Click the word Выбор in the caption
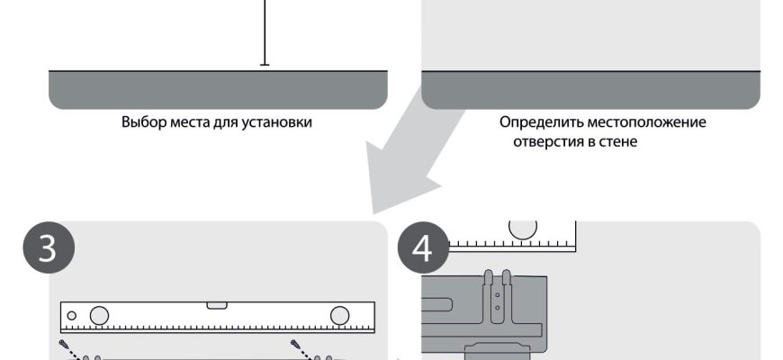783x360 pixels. (x=139, y=121)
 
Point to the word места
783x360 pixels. (x=184, y=121)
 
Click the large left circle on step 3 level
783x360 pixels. (x=99, y=316)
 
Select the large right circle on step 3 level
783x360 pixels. (x=339, y=316)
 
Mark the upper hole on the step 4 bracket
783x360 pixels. (x=497, y=291)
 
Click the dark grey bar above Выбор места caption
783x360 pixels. (x=218, y=89)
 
